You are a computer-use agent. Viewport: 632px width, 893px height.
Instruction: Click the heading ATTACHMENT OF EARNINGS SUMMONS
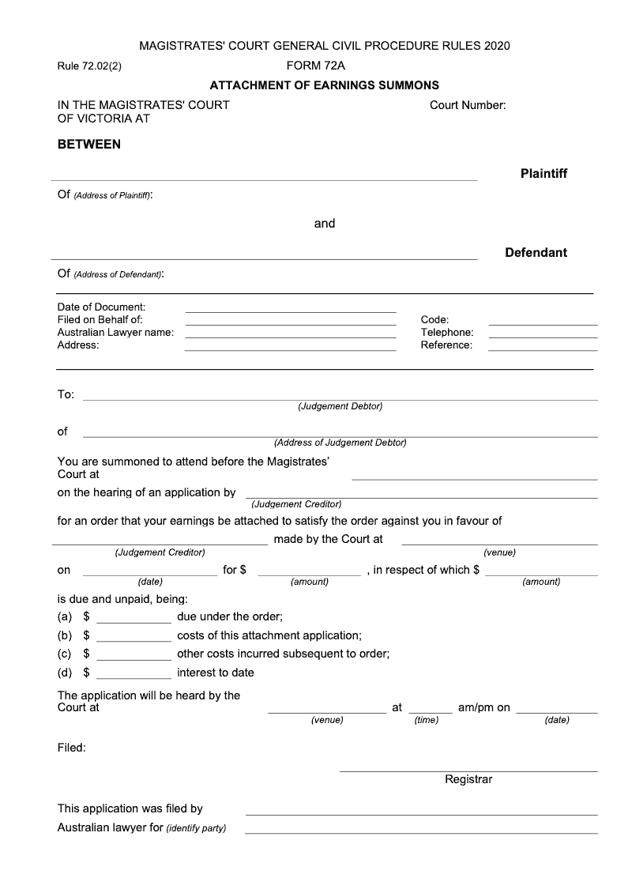click(x=324, y=85)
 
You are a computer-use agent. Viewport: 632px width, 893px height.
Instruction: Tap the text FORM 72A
click(x=315, y=66)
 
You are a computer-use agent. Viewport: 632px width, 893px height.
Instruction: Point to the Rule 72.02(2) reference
click(x=89, y=66)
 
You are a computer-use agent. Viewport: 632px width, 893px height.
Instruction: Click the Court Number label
click(x=468, y=105)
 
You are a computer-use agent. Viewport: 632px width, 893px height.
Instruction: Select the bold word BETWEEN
click(x=89, y=145)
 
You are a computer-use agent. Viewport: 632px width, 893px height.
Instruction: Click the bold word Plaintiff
click(x=544, y=173)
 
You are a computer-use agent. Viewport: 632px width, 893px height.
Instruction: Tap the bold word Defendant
click(x=536, y=253)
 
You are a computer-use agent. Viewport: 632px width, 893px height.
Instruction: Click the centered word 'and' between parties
click(x=325, y=224)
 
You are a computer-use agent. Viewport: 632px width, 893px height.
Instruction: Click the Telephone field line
click(x=543, y=337)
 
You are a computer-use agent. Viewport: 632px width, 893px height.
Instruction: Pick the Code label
click(x=434, y=320)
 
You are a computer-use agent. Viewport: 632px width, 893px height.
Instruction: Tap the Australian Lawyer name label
click(x=115, y=333)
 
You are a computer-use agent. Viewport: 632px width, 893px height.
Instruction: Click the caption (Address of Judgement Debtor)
click(x=340, y=443)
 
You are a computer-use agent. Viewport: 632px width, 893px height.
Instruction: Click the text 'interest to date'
click(x=216, y=673)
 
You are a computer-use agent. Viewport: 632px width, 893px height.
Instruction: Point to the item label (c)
click(x=65, y=654)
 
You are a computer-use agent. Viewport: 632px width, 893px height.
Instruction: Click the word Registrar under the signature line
click(x=468, y=779)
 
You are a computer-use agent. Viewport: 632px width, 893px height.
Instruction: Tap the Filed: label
click(x=71, y=747)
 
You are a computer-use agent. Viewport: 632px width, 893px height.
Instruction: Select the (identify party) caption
click(x=197, y=829)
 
